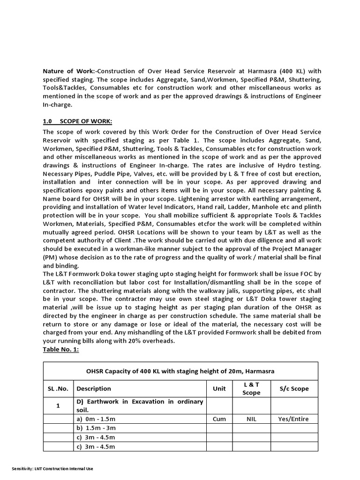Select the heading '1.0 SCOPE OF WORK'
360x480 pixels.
point(77,121)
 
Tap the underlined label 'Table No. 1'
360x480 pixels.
point(63,349)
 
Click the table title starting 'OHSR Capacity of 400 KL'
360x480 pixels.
point(180,371)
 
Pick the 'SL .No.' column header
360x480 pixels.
point(58,389)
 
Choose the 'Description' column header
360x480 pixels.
point(94,389)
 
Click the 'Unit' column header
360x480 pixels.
point(219,389)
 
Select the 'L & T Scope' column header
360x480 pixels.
point(251,389)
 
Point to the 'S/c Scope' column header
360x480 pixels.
point(294,389)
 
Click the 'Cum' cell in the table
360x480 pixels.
point(219,419)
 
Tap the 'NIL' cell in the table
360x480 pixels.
point(251,419)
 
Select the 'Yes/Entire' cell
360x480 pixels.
point(293,419)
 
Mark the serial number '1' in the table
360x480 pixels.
point(58,405)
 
